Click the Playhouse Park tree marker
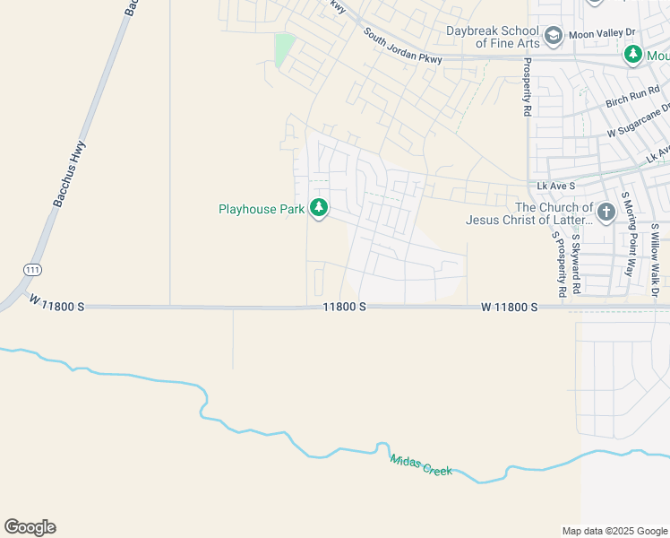click(x=318, y=209)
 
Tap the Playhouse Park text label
click(x=262, y=210)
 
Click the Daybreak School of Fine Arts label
click(x=494, y=37)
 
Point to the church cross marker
click(x=606, y=213)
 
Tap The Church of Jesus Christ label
click(x=528, y=213)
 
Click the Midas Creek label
click(x=421, y=464)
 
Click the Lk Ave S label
click(x=554, y=186)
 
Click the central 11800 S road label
click(x=345, y=307)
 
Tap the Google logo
click(x=30, y=527)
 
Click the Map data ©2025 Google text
click(x=613, y=531)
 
